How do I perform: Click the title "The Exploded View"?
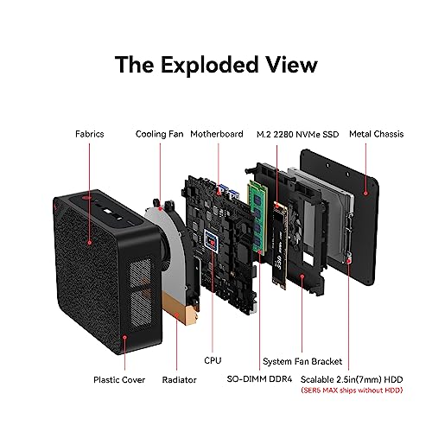click(x=216, y=66)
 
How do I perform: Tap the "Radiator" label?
click(x=179, y=379)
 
